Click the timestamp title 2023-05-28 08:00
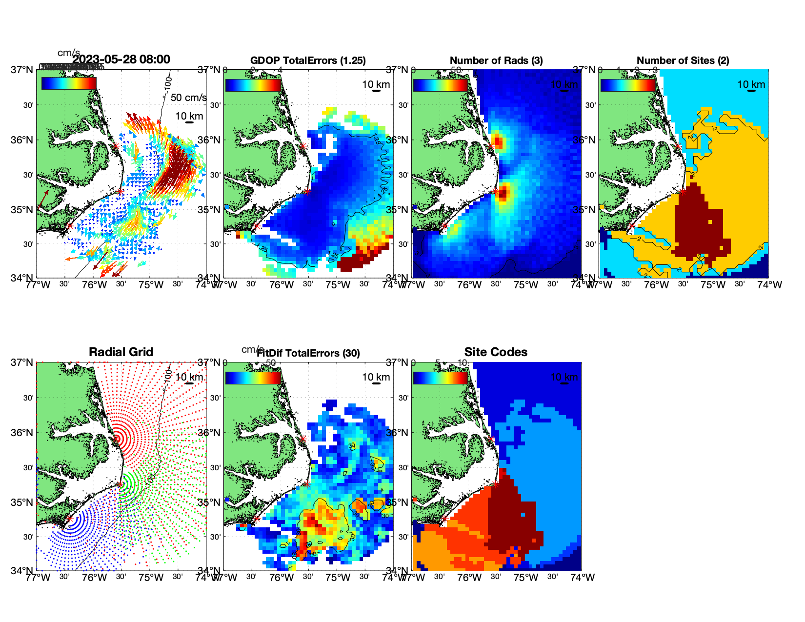[x=121, y=60]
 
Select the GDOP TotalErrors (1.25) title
[x=308, y=60]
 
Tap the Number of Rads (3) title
[x=496, y=60]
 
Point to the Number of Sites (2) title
[x=683, y=60]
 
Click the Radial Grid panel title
[x=121, y=352]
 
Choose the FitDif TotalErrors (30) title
[x=308, y=353]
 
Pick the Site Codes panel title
[x=496, y=352]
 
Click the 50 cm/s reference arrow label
[x=188, y=98]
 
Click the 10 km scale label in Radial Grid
[x=189, y=377]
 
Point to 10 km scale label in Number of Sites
[x=751, y=84]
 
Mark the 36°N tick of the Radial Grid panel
[x=23, y=433]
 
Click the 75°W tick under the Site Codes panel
[x=526, y=578]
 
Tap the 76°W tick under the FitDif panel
[x=282, y=578]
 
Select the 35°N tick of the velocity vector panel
[x=23, y=210]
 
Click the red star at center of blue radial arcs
[x=69, y=519]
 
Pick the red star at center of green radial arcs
[x=120, y=484]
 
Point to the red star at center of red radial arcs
[x=116, y=439]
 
